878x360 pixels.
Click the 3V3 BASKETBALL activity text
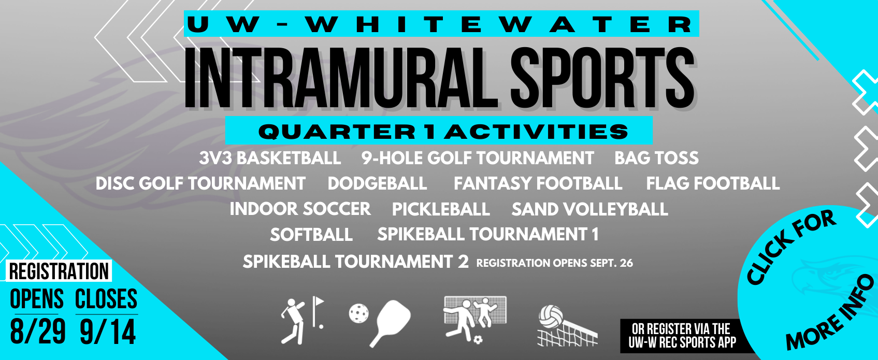coord(270,158)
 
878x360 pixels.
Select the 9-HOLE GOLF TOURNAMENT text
coord(478,158)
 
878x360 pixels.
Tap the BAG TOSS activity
coord(656,158)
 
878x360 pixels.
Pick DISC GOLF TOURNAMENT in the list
coord(200,183)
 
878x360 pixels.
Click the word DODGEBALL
coord(378,183)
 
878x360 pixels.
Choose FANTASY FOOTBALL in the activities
coord(538,183)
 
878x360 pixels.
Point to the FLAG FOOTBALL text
coord(713,183)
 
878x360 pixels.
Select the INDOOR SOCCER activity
coord(300,209)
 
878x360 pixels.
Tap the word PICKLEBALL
coord(441,209)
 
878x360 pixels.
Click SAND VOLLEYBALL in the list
coord(590,209)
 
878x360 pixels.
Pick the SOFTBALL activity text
coord(311,235)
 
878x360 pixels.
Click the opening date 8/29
coord(38,332)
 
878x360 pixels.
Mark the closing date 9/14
coord(108,332)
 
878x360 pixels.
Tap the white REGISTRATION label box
coord(59,271)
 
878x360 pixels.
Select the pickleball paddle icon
coord(389,322)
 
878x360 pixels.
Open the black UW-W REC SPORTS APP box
coord(683,336)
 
